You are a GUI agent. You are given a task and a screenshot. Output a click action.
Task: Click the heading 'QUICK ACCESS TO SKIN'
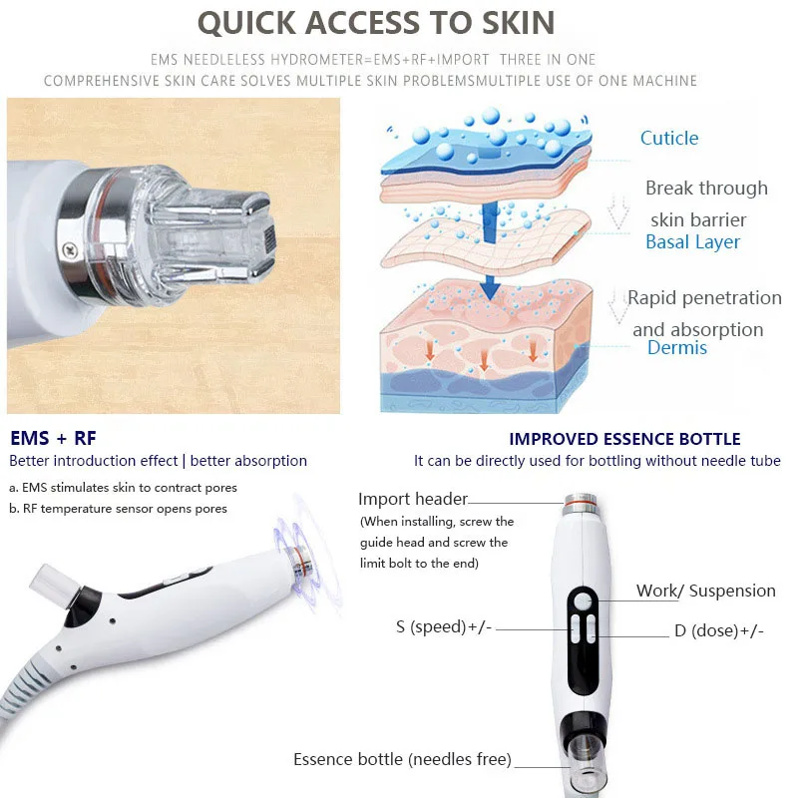(375, 22)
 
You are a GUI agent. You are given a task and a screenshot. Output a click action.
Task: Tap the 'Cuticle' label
(669, 139)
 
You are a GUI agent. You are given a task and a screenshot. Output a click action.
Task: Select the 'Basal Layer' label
(692, 242)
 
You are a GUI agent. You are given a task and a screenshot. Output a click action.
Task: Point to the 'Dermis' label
(677, 348)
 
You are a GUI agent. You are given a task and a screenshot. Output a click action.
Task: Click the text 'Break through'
(706, 189)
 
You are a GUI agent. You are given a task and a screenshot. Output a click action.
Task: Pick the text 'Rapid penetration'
(704, 298)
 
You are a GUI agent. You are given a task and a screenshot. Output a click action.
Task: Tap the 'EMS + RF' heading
(53, 438)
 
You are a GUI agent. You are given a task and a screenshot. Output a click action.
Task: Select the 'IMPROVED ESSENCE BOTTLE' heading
(624, 439)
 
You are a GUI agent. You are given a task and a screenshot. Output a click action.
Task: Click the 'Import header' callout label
(413, 499)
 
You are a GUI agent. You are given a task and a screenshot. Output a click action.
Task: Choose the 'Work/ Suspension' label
(705, 591)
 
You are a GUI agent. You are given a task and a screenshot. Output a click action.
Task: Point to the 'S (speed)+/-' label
(444, 627)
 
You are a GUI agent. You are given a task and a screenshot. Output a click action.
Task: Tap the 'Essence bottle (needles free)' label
(402, 760)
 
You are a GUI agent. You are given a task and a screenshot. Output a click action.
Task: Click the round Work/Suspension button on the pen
(584, 600)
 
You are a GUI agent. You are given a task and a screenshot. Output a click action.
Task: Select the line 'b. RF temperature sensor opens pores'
(118, 508)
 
